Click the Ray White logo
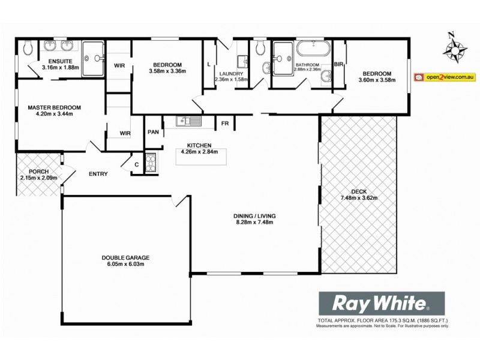(380, 302)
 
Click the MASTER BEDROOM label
(54, 107)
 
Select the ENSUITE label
(61, 61)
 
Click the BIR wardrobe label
(338, 64)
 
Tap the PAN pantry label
(153, 132)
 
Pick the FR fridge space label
(225, 123)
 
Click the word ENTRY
(98, 174)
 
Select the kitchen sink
(190, 122)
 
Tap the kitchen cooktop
(150, 162)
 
